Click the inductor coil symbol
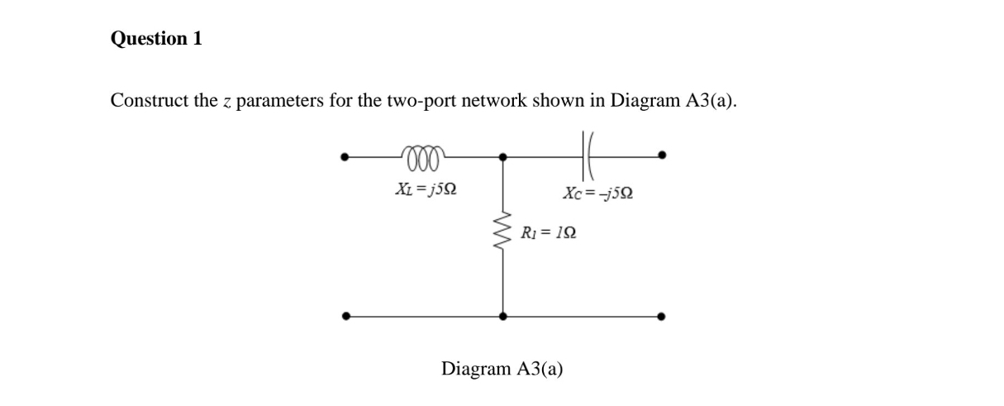pos(424,151)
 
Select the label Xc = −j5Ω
pos(599,193)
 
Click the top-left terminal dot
pos(347,155)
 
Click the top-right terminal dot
pos(662,155)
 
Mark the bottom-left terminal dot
pos(347,315)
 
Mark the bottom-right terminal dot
pos(662,315)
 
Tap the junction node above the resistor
pos(503,155)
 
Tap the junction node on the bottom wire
pos(503,315)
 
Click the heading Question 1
pos(156,39)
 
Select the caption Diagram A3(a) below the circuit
pos(502,368)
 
